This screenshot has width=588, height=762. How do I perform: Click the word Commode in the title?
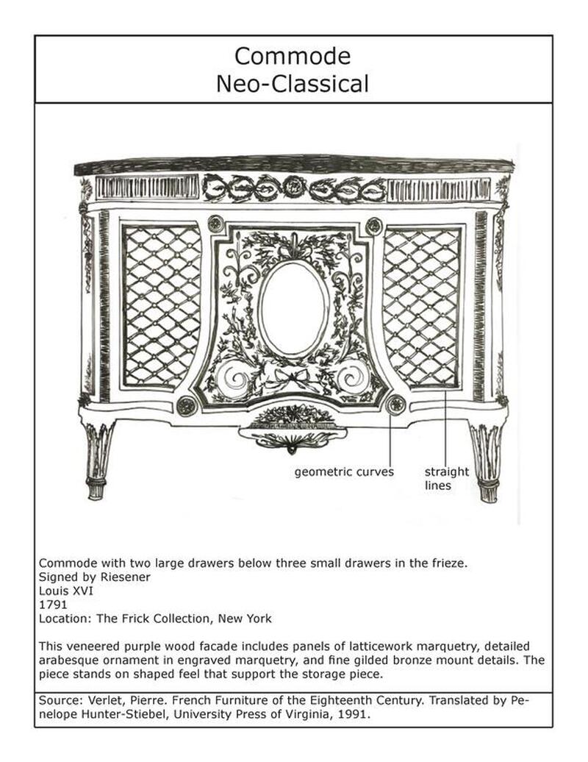[x=293, y=56]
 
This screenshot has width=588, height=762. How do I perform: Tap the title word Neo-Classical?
[x=293, y=83]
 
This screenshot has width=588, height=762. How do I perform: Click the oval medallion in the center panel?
[x=293, y=309]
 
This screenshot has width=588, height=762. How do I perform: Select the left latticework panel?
[x=161, y=305]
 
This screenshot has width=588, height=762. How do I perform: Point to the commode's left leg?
[x=98, y=460]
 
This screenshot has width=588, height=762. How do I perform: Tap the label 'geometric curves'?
[x=344, y=471]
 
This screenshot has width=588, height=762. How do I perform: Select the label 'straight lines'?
[x=446, y=479]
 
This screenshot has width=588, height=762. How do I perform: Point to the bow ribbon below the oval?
[x=293, y=382]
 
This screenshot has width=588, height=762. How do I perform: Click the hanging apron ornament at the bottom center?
[x=293, y=435]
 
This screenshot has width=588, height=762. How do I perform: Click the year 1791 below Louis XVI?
[x=50, y=605]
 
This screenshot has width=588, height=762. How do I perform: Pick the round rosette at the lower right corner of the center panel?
[x=397, y=403]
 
